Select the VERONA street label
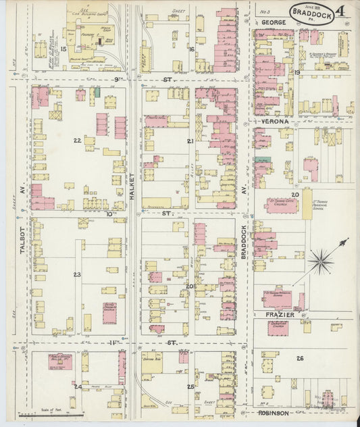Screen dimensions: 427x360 pyautogui.click(x=272, y=122)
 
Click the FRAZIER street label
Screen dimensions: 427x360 pyautogui.click(x=277, y=314)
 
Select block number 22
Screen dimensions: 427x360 pyautogui.click(x=78, y=141)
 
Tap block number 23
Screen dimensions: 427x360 pyautogui.click(x=78, y=274)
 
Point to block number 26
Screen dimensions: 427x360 pyautogui.click(x=299, y=358)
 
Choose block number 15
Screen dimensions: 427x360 pyautogui.click(x=63, y=49)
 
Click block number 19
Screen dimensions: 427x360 pyautogui.click(x=297, y=72)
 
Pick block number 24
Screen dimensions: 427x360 pyautogui.click(x=78, y=386)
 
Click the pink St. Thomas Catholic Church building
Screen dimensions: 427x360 pyautogui.click(x=281, y=205)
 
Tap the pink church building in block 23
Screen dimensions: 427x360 pyautogui.click(x=109, y=312)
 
